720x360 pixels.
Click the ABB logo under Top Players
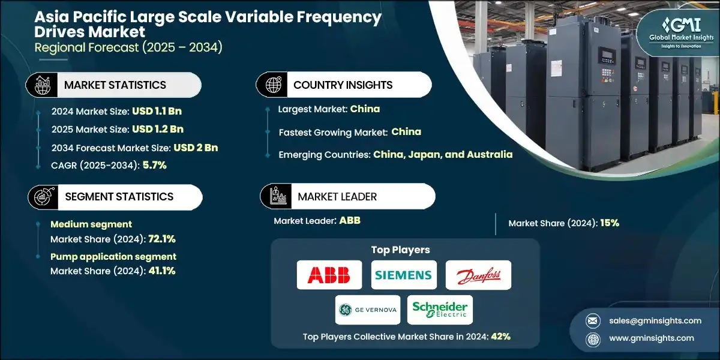pyautogui.click(x=329, y=275)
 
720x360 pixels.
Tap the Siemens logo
pyautogui.click(x=403, y=275)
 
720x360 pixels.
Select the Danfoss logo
pyautogui.click(x=479, y=275)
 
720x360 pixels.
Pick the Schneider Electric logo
pyautogui.click(x=440, y=310)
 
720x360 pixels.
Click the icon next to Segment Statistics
pyautogui.click(x=43, y=196)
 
